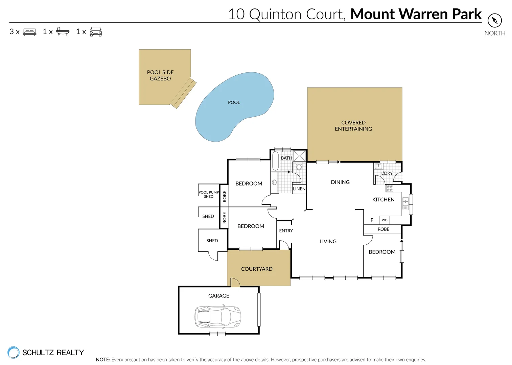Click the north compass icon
pyautogui.click(x=494, y=20)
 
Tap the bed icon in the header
pyautogui.click(x=29, y=32)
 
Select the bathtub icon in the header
pyautogui.click(x=63, y=31)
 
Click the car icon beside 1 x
pyautogui.click(x=96, y=31)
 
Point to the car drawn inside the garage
pyautogui.click(x=218, y=317)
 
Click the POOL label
pyautogui.click(x=234, y=102)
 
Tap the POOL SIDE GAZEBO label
pyautogui.click(x=160, y=75)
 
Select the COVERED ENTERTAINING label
pyautogui.click(x=353, y=126)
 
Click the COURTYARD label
pyautogui.click(x=257, y=269)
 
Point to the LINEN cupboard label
pyautogui.click(x=299, y=189)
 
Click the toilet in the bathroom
pyautogui.click(x=299, y=166)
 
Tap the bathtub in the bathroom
pyautogui.click(x=275, y=161)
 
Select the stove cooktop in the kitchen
pyautogui.click(x=390, y=188)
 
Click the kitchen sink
pyautogui.click(x=405, y=203)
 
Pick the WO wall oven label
pyautogui.click(x=385, y=220)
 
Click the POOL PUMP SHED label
pyautogui.click(x=209, y=194)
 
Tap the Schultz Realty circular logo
pyautogui.click(x=14, y=352)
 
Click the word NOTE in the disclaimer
pyautogui.click(x=103, y=360)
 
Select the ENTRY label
pyautogui.click(x=286, y=231)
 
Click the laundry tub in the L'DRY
pyautogui.click(x=378, y=166)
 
